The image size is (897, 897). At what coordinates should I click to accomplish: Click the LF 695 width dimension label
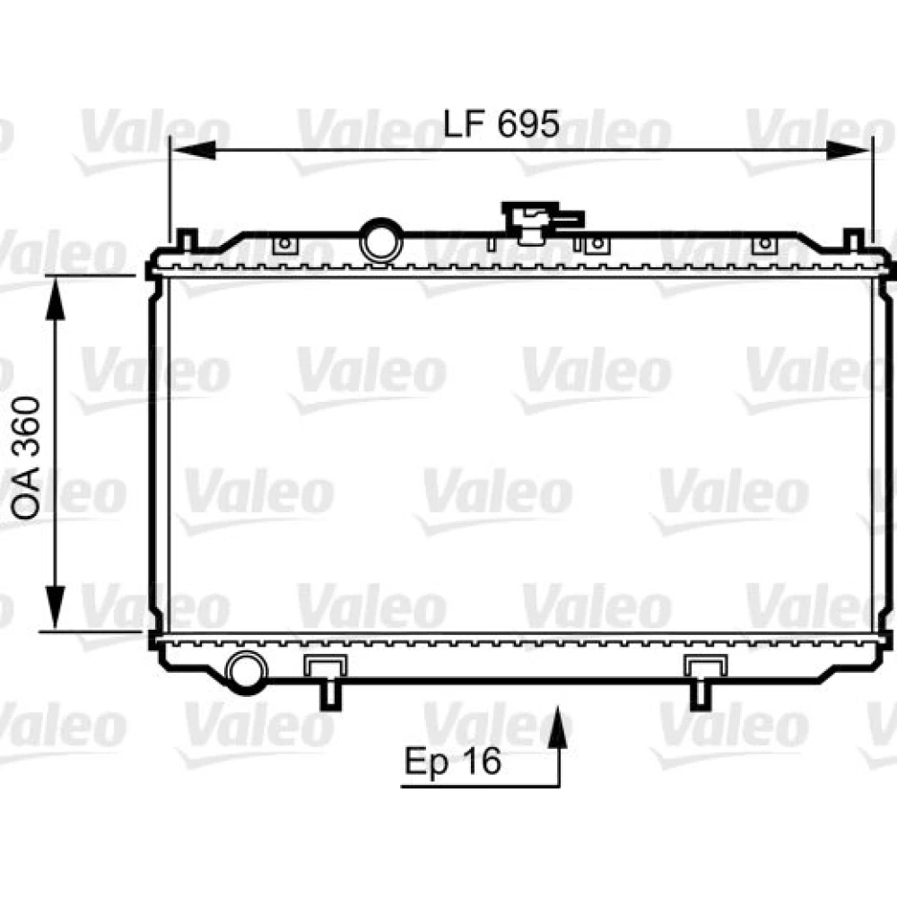[x=501, y=124]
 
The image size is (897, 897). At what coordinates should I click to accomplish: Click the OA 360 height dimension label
[x=27, y=457]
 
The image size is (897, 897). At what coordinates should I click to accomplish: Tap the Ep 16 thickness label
[x=452, y=762]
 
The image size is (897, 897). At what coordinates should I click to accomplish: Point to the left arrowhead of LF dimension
[x=194, y=151]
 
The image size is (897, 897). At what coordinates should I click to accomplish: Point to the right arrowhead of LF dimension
[x=849, y=151]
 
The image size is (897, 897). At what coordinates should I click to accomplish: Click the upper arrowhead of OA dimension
[x=55, y=298]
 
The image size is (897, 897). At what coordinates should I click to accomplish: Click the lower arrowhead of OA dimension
[x=55, y=607]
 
